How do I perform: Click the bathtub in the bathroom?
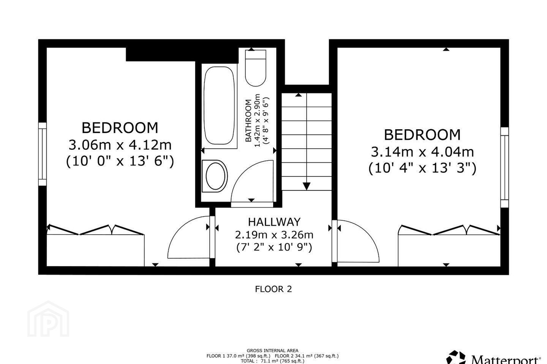coord(219,105)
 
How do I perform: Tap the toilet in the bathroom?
coord(255,68)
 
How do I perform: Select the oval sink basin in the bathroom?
coord(215,176)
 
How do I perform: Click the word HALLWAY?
coord(274,222)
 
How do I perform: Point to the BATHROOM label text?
coord(248,121)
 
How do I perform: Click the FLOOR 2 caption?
coord(273,289)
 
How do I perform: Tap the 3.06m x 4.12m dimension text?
coord(120,145)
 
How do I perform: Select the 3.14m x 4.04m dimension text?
coord(422,152)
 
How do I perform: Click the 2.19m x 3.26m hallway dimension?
coord(274,235)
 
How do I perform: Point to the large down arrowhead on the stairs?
coord(307,186)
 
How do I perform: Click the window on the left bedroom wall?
coord(42,154)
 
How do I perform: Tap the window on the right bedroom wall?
coord(504,168)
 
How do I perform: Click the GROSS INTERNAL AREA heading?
coord(272,351)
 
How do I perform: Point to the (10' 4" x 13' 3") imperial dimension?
coord(422,168)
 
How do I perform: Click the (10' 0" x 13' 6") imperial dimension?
coord(120,161)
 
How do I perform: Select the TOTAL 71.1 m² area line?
coord(272,361)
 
